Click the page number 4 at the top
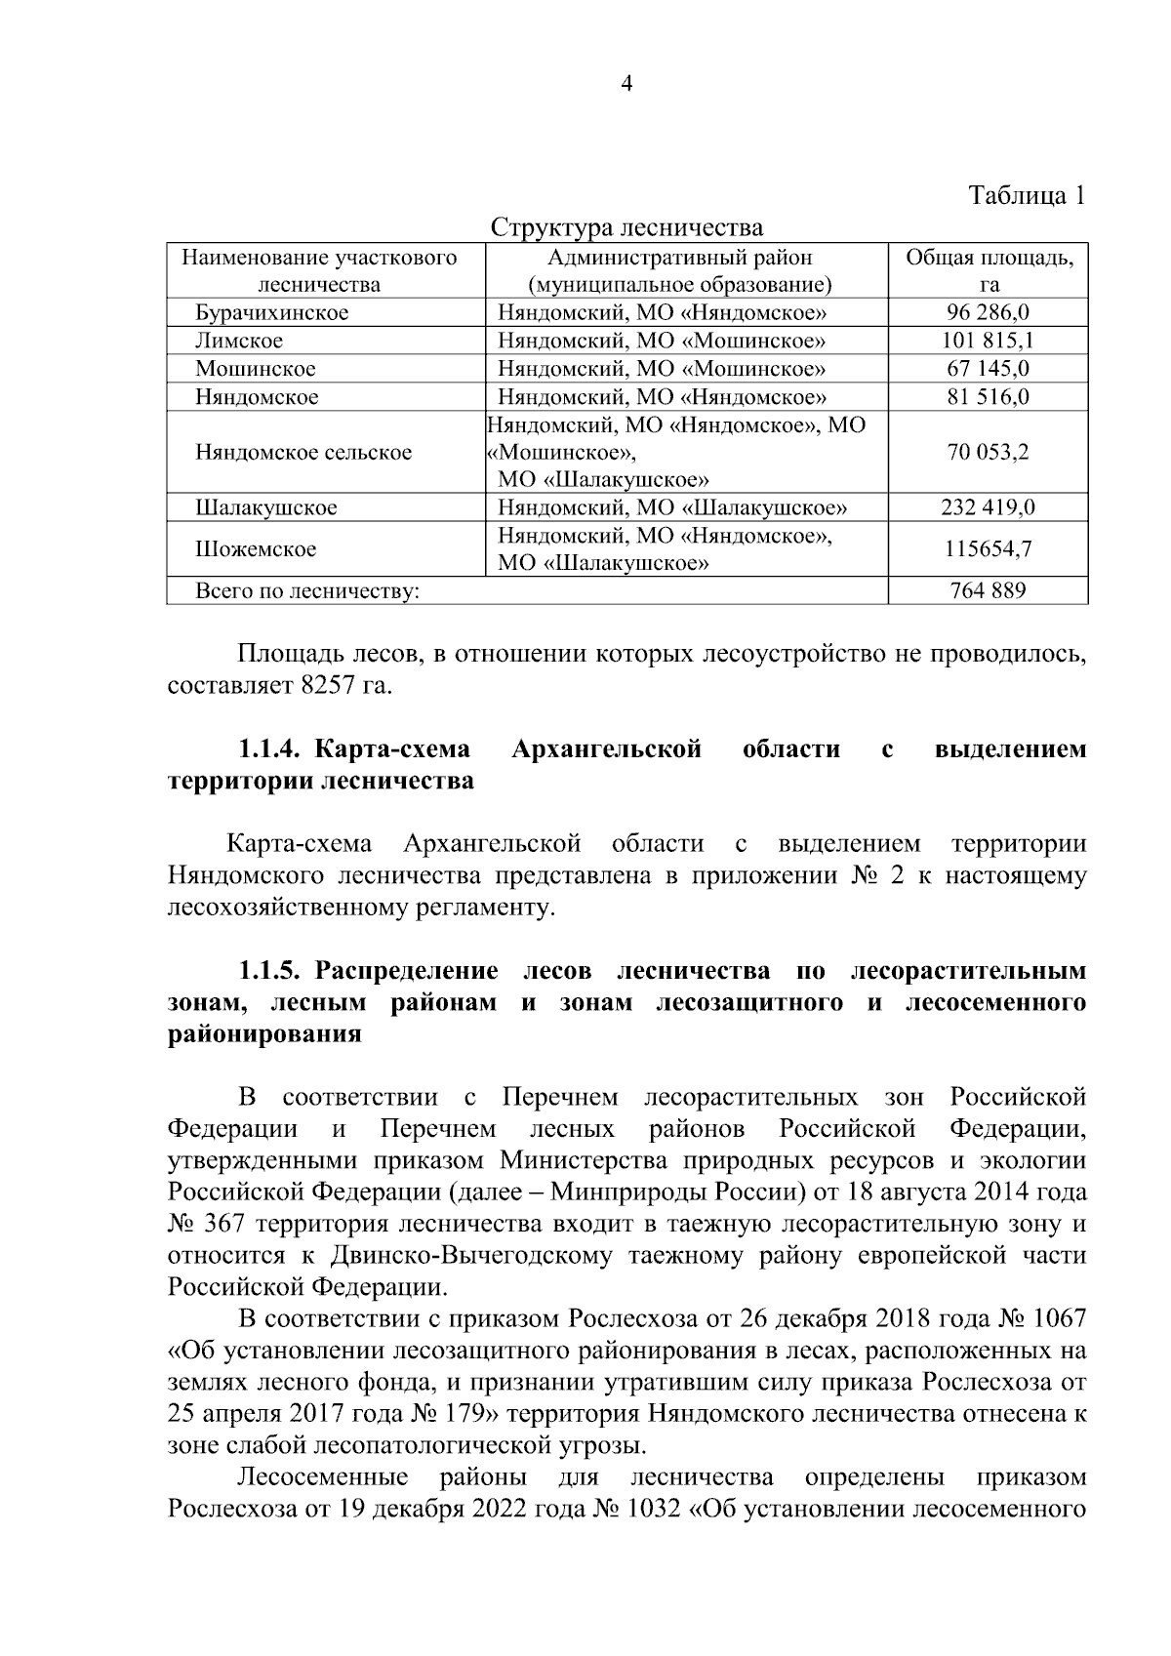(x=626, y=85)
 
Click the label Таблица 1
(x=1026, y=195)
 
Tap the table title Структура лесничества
(x=626, y=228)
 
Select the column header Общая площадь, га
(x=989, y=271)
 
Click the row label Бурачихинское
(x=271, y=313)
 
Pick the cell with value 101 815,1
(x=988, y=341)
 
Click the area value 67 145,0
(x=988, y=369)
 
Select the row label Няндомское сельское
(x=303, y=453)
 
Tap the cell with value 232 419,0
(x=988, y=508)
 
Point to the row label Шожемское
(x=256, y=549)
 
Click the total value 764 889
(x=988, y=590)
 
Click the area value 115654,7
(x=988, y=549)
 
